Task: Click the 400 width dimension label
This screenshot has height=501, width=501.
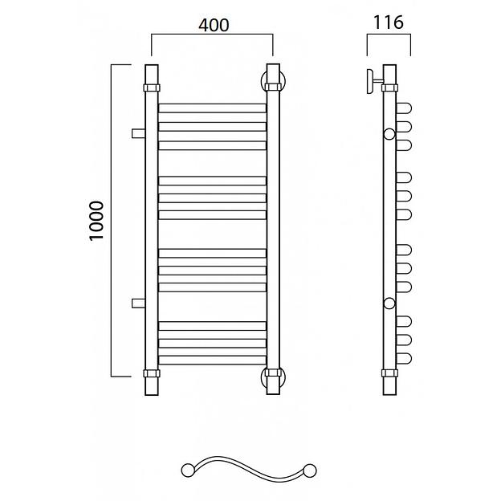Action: [x=214, y=25]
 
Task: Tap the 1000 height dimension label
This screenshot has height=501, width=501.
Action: [x=96, y=221]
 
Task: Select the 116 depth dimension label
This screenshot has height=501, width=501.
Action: [x=389, y=22]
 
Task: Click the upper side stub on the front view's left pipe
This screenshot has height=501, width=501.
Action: [x=138, y=133]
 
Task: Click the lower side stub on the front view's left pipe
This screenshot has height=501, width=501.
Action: [x=138, y=303]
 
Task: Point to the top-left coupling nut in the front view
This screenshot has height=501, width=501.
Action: [x=152, y=88]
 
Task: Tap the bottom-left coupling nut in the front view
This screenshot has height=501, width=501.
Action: [x=152, y=373]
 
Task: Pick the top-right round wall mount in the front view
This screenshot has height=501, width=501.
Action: [x=273, y=81]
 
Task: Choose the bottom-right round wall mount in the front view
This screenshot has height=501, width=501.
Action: [x=273, y=377]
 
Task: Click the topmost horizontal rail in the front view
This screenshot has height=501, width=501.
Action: [x=212, y=108]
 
